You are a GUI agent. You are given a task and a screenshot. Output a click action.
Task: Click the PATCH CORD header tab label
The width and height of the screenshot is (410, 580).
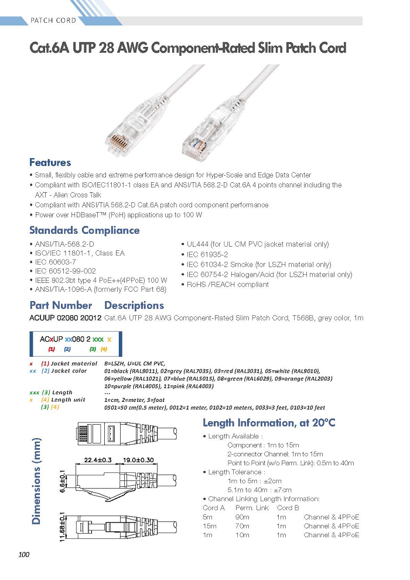[53, 21]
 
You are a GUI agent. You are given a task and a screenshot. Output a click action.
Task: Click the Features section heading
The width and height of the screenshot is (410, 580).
[50, 162]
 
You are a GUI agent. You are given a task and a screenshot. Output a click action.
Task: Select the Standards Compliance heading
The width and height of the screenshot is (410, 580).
[84, 230]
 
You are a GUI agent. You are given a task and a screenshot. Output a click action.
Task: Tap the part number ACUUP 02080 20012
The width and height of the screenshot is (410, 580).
[66, 318]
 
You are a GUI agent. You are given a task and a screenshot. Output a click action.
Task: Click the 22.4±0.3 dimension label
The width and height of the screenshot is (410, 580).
[98, 460]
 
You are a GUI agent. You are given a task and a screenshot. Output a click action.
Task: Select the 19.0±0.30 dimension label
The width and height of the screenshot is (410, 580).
[138, 460]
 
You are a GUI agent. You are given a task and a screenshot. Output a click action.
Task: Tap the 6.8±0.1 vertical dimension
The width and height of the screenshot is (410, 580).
[63, 481]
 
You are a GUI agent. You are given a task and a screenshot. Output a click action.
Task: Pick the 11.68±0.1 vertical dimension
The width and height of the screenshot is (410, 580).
[63, 527]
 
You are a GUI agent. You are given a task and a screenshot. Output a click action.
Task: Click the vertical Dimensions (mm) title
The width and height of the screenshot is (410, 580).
[36, 481]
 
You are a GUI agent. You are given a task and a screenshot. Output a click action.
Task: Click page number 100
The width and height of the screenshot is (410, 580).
[23, 554]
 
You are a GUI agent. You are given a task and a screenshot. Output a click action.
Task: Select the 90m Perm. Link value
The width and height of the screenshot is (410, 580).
[242, 517]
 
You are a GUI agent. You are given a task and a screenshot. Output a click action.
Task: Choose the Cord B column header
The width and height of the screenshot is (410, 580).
[288, 507]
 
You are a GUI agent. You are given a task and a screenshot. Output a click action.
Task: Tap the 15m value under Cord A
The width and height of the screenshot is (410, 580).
[210, 526]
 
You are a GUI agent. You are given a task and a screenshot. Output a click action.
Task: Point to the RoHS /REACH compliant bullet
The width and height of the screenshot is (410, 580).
[225, 285]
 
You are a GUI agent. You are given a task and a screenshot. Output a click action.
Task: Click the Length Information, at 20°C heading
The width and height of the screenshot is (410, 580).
[269, 423]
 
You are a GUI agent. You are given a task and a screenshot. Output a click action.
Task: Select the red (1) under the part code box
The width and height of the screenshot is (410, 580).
[52, 349]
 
